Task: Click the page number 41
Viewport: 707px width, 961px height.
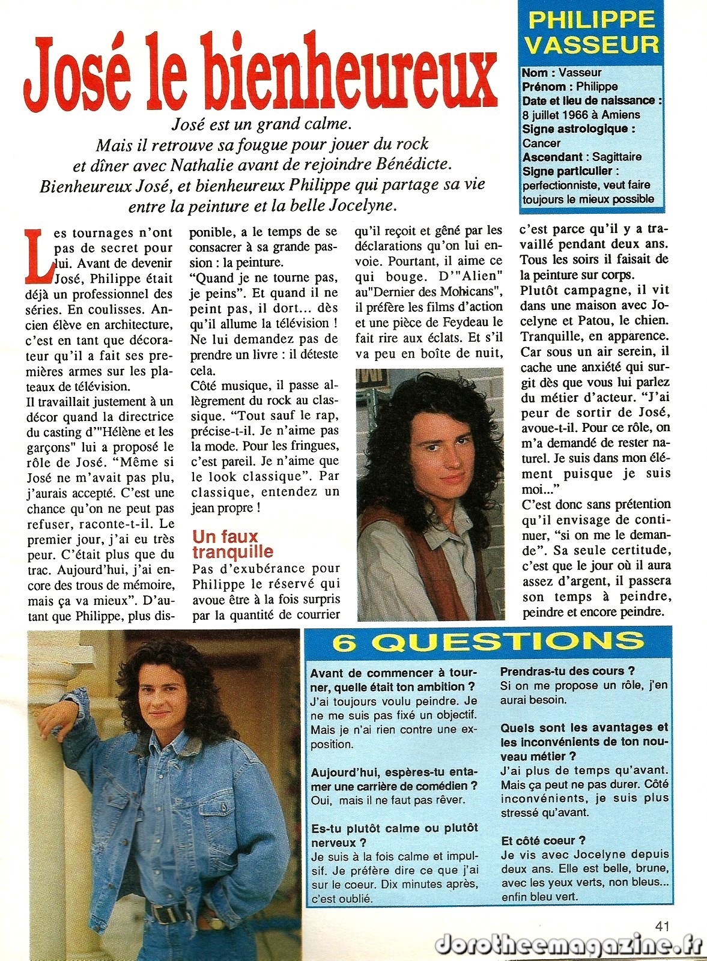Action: click(x=661, y=926)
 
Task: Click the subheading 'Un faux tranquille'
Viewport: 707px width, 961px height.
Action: click(x=232, y=544)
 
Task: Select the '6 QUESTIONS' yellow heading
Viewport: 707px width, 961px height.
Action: click(x=488, y=642)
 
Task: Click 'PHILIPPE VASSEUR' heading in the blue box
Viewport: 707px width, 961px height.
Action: click(x=592, y=32)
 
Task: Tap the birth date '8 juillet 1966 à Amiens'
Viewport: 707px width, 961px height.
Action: click(x=581, y=115)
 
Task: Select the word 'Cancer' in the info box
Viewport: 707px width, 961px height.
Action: click(x=541, y=143)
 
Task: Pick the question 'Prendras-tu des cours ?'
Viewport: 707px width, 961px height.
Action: click(x=567, y=671)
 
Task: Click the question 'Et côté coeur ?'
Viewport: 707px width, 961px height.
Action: click(x=543, y=840)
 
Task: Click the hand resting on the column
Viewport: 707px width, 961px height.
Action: click(x=53, y=721)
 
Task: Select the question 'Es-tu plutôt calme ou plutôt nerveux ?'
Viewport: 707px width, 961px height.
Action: click(x=394, y=835)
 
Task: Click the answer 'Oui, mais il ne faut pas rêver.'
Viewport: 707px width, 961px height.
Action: click(x=387, y=800)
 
